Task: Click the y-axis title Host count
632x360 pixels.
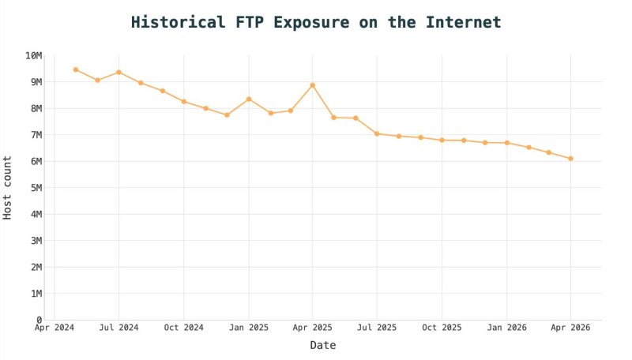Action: point(9,188)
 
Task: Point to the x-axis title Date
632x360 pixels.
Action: point(322,345)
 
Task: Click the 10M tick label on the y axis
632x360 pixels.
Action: point(33,55)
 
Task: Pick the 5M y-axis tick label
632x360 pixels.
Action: point(36,188)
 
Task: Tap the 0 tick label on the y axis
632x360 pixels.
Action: point(39,320)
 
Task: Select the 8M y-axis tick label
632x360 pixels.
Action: point(36,108)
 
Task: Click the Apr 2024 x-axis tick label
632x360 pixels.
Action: point(55,327)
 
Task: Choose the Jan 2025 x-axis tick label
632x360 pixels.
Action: point(248,327)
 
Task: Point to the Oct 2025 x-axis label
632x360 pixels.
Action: point(442,327)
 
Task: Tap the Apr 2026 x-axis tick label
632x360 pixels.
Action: point(570,327)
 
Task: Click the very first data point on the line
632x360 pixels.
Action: point(76,69)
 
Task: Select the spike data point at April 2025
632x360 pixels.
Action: point(313,85)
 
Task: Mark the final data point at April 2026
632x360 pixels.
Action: point(570,159)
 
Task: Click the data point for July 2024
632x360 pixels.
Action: point(118,72)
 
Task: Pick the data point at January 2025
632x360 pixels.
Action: point(249,99)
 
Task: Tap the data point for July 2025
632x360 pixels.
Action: point(377,133)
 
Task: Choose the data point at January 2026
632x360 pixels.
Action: point(506,143)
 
